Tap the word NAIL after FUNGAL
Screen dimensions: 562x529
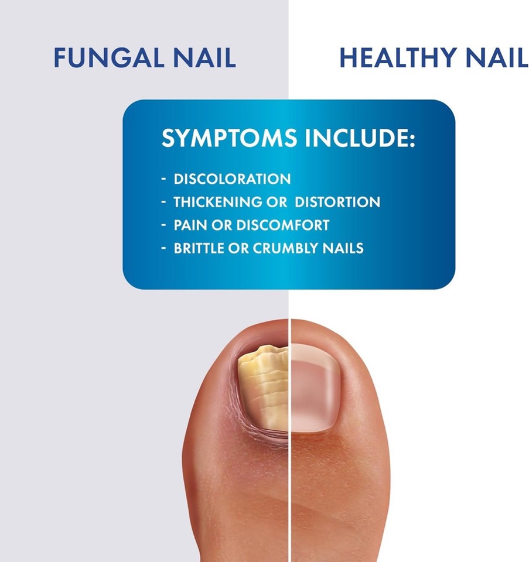click(205, 58)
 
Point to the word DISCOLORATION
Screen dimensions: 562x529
click(232, 179)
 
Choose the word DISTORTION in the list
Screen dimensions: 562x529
click(337, 203)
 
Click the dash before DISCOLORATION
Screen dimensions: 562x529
click(164, 179)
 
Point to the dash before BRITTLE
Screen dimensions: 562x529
click(164, 248)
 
